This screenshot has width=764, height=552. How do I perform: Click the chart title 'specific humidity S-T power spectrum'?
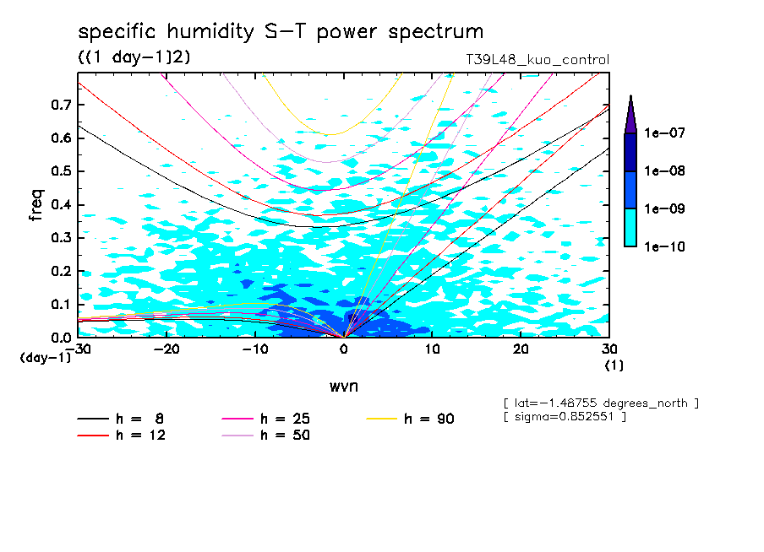tap(281, 32)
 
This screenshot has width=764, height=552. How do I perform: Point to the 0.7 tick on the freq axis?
tap(60, 105)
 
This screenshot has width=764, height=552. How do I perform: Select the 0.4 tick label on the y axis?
tap(60, 204)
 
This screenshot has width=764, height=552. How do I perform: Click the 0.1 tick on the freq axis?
tap(60, 304)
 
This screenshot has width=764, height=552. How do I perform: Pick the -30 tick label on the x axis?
tap(79, 349)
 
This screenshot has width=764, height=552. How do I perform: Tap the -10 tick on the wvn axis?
tap(255, 349)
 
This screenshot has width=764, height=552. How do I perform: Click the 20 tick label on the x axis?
tap(521, 349)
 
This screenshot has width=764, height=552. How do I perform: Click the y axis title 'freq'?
tap(35, 205)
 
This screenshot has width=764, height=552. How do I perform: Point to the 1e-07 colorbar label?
tap(664, 133)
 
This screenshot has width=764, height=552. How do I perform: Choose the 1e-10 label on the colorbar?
tap(664, 246)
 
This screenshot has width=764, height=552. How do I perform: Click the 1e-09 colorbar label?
tap(664, 209)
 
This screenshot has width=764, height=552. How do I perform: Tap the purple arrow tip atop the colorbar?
tap(630, 106)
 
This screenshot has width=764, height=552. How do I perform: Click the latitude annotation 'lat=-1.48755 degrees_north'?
tap(600, 403)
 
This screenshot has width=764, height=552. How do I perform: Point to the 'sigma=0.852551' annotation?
tap(564, 417)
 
